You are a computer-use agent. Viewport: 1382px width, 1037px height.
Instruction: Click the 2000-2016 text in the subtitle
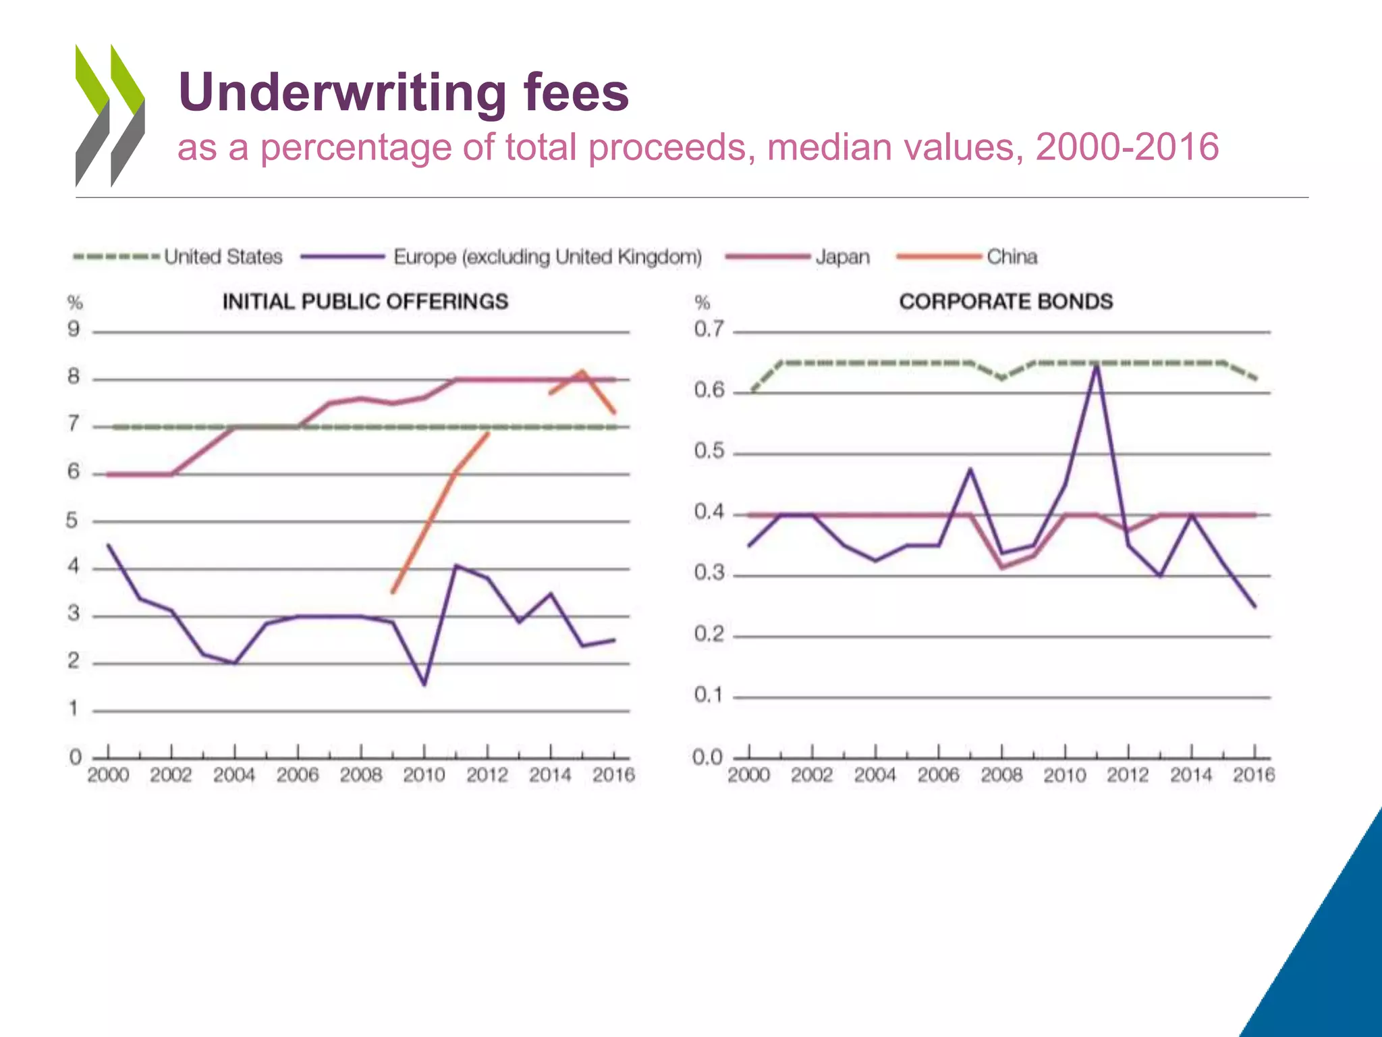point(1127,147)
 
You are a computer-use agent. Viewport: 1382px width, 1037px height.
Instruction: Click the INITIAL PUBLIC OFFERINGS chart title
point(365,301)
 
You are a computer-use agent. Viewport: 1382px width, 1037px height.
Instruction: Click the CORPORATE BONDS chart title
point(1005,301)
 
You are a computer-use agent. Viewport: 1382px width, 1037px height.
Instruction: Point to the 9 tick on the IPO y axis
point(74,329)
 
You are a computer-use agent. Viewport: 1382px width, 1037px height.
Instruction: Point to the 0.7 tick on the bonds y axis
point(709,329)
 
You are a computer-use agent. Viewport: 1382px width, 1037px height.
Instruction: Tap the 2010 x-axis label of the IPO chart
point(424,774)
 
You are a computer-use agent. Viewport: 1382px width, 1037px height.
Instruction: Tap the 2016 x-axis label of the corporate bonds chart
point(1254,774)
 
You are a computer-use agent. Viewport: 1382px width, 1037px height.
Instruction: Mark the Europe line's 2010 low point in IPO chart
point(424,685)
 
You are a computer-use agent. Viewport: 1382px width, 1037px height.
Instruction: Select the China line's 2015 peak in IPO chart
point(582,371)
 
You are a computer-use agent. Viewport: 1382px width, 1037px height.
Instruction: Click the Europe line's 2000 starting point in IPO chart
point(109,545)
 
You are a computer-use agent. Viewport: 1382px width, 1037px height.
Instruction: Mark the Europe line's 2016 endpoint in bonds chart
point(1255,606)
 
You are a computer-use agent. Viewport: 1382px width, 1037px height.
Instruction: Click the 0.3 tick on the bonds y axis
point(709,573)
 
